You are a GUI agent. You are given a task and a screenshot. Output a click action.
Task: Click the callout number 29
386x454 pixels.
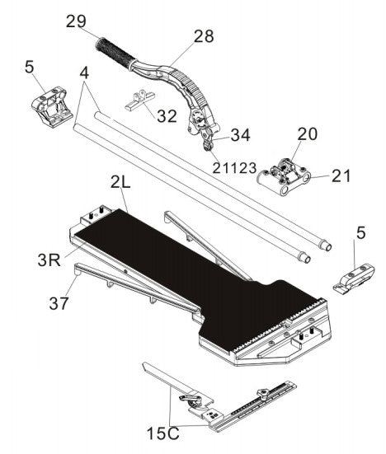coord(76,21)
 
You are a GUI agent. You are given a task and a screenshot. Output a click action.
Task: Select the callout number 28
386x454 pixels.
coord(204,36)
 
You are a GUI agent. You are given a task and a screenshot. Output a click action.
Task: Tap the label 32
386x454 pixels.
coord(167,116)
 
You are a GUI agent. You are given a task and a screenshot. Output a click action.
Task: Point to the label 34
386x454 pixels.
coord(240,134)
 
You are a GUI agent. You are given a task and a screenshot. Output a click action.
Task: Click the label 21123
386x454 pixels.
coord(234,167)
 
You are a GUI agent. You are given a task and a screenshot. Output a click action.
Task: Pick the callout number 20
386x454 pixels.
coord(307,134)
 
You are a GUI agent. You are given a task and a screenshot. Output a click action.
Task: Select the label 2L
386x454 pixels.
coord(120,182)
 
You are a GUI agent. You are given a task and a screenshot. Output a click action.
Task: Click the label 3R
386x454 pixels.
coord(49,260)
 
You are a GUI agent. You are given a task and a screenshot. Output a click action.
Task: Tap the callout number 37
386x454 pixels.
coord(59,303)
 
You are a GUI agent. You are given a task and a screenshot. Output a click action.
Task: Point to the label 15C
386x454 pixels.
coord(163,433)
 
